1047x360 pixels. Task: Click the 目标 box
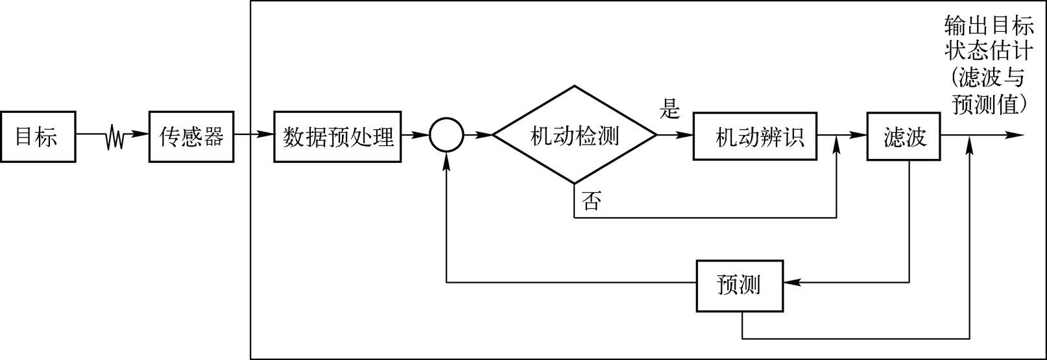38,137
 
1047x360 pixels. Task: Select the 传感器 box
191,137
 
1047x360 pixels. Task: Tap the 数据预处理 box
338,137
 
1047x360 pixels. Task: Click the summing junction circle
446,136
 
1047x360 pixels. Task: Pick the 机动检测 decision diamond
575,136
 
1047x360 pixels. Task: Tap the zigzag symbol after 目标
115,137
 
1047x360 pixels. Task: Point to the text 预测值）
989,104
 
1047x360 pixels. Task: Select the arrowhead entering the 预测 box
792,283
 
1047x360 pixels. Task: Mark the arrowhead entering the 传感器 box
143,136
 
